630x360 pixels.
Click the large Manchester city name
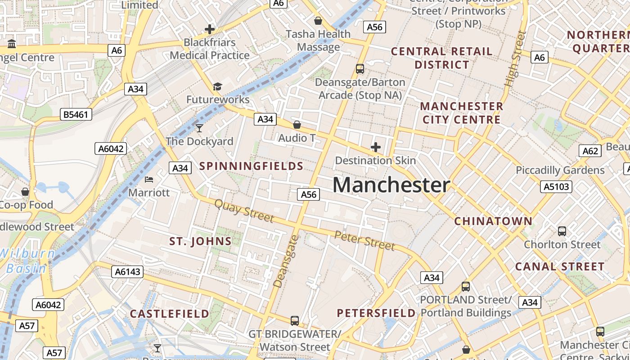391,185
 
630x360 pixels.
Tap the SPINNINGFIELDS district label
251,166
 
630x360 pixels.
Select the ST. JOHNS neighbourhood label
200,241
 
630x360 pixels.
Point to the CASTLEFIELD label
170,313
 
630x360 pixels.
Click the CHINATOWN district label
493,221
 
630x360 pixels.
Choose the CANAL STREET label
560,266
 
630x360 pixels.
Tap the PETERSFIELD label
376,313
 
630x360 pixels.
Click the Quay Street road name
244,211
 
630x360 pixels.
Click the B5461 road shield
76,115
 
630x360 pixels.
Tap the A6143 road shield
127,271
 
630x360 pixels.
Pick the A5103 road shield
556,186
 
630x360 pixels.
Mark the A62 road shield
590,151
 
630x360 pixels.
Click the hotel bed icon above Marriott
149,180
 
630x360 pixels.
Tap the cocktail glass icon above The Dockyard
199,128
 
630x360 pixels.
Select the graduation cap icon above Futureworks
217,86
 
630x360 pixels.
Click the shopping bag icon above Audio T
297,125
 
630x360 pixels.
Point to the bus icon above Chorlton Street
562,231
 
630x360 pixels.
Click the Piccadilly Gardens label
560,170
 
